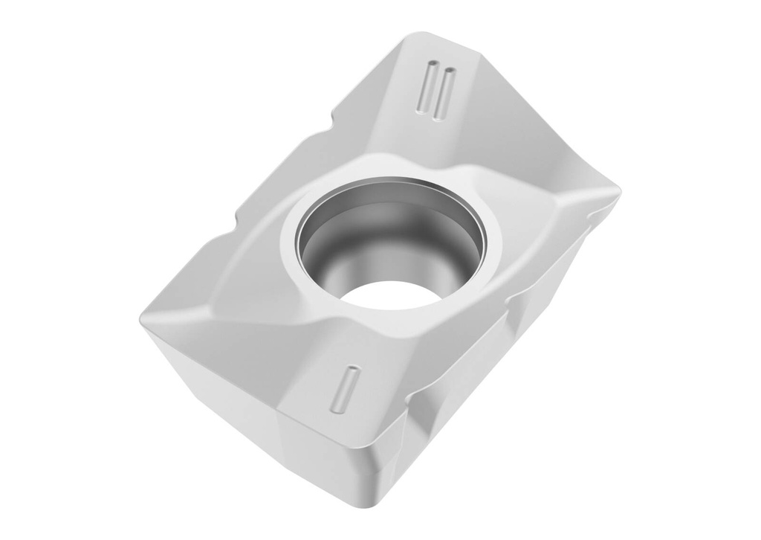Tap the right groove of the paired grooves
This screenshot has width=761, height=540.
(444, 94)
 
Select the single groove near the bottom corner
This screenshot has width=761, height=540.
(345, 389)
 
